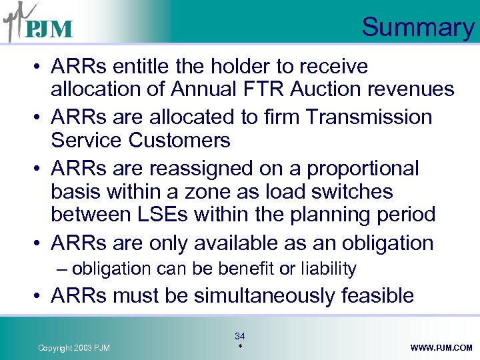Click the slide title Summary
[417, 27]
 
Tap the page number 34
[240, 337]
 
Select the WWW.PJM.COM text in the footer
[441, 348]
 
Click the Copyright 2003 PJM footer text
[74, 348]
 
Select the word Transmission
[369, 117]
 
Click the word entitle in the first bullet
[136, 67]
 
